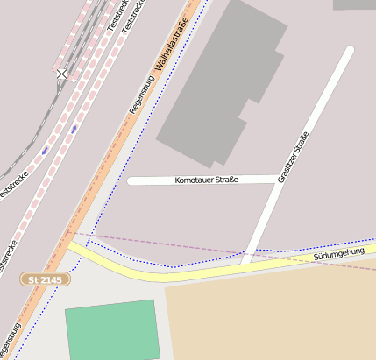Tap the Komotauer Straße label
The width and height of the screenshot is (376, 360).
coord(201,180)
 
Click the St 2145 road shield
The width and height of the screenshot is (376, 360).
coord(44,279)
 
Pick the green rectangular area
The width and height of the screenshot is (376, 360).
coord(112,329)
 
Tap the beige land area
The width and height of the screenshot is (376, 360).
coord(272,315)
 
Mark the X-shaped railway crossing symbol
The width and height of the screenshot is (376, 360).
coord(61,74)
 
